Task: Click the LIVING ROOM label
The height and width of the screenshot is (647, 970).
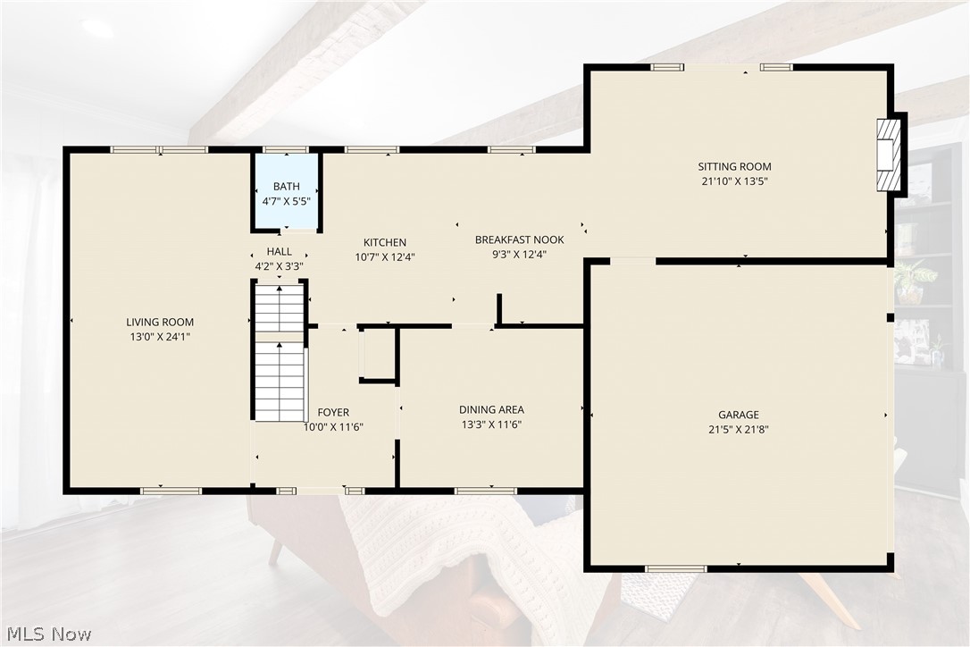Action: click(x=160, y=322)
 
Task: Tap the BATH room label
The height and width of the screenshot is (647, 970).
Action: click(x=287, y=187)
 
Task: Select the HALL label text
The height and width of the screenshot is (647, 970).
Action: click(x=279, y=251)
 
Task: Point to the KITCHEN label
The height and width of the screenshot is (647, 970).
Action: click(x=385, y=242)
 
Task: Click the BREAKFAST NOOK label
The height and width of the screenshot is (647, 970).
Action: click(x=520, y=239)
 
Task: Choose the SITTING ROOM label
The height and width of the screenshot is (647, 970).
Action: click(x=734, y=166)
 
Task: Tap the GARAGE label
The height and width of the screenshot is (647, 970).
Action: click(x=739, y=415)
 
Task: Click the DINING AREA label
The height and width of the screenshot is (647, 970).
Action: click(x=491, y=410)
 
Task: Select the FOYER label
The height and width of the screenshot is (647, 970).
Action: click(x=333, y=412)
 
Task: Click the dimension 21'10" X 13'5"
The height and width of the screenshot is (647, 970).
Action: click(x=734, y=181)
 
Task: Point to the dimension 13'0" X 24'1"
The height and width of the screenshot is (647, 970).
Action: click(x=160, y=338)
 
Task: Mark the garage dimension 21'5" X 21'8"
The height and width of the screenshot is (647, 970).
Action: click(x=739, y=430)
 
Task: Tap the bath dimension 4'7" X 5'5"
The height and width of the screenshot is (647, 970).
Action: click(x=287, y=201)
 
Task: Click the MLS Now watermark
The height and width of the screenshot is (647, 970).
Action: click(x=49, y=634)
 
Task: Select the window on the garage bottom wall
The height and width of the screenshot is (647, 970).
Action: click(x=675, y=569)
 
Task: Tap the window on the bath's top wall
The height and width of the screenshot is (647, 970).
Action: click(x=285, y=149)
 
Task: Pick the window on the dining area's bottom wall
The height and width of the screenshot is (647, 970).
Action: click(x=486, y=491)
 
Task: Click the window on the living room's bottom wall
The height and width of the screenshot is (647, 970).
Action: click(x=171, y=491)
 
